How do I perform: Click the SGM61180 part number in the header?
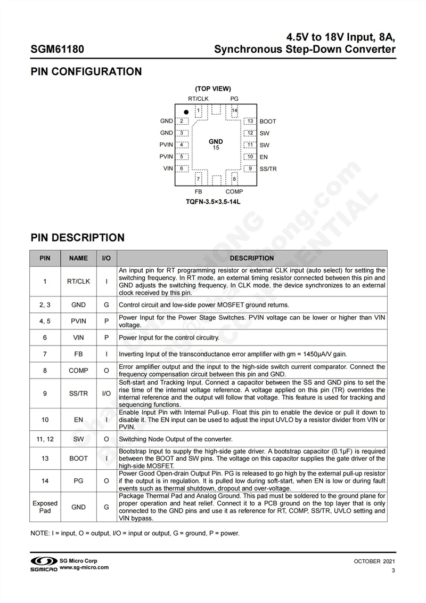(x=57, y=50)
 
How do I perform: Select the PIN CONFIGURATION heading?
(x=86, y=71)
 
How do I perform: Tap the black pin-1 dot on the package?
(x=186, y=112)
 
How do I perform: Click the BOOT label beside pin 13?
(x=268, y=122)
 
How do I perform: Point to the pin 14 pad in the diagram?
(x=234, y=111)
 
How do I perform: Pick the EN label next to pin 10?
(x=264, y=157)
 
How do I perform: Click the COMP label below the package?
(x=234, y=191)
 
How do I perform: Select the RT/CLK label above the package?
(x=198, y=99)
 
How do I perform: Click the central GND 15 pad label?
(x=216, y=144)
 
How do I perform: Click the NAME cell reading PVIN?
(x=78, y=321)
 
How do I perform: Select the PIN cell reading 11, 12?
(x=45, y=439)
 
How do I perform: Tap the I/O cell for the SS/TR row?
(x=106, y=393)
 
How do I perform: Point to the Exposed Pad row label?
(x=45, y=507)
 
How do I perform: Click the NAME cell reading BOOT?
(x=78, y=459)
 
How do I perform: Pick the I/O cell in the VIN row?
(x=106, y=337)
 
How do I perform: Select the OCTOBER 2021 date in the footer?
(x=374, y=561)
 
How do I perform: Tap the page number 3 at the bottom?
(x=393, y=571)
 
